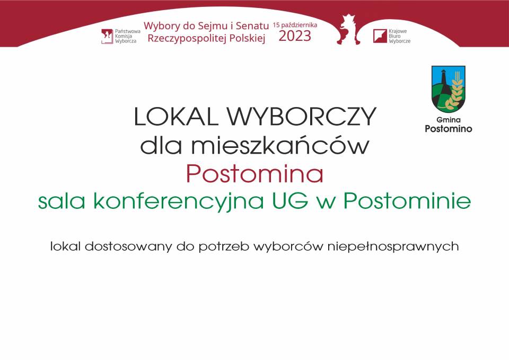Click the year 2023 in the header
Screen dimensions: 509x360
[x=295, y=36]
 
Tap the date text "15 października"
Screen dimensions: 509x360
[x=295, y=25]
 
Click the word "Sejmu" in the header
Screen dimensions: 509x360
[x=216, y=26]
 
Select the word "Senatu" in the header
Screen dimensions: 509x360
[x=252, y=25]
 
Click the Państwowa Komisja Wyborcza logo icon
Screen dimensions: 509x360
[x=107, y=36]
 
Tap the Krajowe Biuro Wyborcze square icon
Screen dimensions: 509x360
[x=380, y=36]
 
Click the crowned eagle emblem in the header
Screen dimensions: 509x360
[x=348, y=30]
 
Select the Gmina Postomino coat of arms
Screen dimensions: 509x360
[x=449, y=89]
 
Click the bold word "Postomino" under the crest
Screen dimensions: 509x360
[x=449, y=128]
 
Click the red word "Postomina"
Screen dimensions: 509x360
[x=255, y=174]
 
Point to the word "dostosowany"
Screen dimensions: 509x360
[x=128, y=247]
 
